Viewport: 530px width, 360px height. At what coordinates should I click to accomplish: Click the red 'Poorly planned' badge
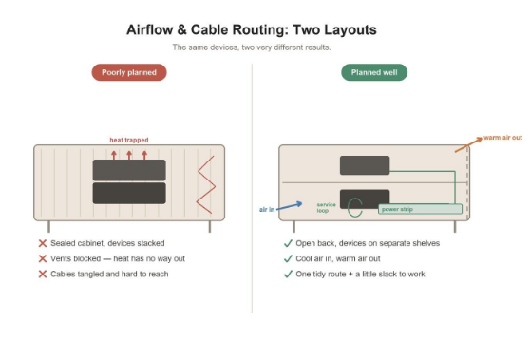coord(129,72)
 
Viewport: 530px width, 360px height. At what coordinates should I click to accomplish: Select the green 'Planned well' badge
coord(374,72)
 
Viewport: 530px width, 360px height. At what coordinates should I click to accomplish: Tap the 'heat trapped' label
coord(129,140)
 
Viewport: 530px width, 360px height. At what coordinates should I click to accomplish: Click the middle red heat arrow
coord(129,155)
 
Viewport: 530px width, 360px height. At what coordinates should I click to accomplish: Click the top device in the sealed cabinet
coord(129,170)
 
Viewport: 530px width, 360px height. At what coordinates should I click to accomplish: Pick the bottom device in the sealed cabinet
coord(129,194)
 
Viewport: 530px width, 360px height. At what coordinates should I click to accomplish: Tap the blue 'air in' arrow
coord(290,206)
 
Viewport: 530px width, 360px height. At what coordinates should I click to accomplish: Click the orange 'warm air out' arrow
coord(468,144)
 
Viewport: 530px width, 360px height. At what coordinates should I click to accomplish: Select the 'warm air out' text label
coord(503,138)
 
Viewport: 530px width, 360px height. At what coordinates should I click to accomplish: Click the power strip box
coord(420,209)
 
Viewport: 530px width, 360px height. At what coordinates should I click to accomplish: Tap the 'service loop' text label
coord(326,208)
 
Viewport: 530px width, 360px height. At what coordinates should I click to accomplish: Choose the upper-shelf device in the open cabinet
coord(365,165)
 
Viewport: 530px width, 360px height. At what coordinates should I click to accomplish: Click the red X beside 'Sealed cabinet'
coord(43,243)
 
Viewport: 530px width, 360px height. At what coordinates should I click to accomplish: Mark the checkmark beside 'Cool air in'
coord(288,258)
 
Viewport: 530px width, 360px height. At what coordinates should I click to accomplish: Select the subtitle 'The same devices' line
coord(252,47)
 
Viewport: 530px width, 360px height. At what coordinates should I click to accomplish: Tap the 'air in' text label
coord(267,210)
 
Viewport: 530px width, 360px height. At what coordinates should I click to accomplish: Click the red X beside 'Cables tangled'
coord(43,274)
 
